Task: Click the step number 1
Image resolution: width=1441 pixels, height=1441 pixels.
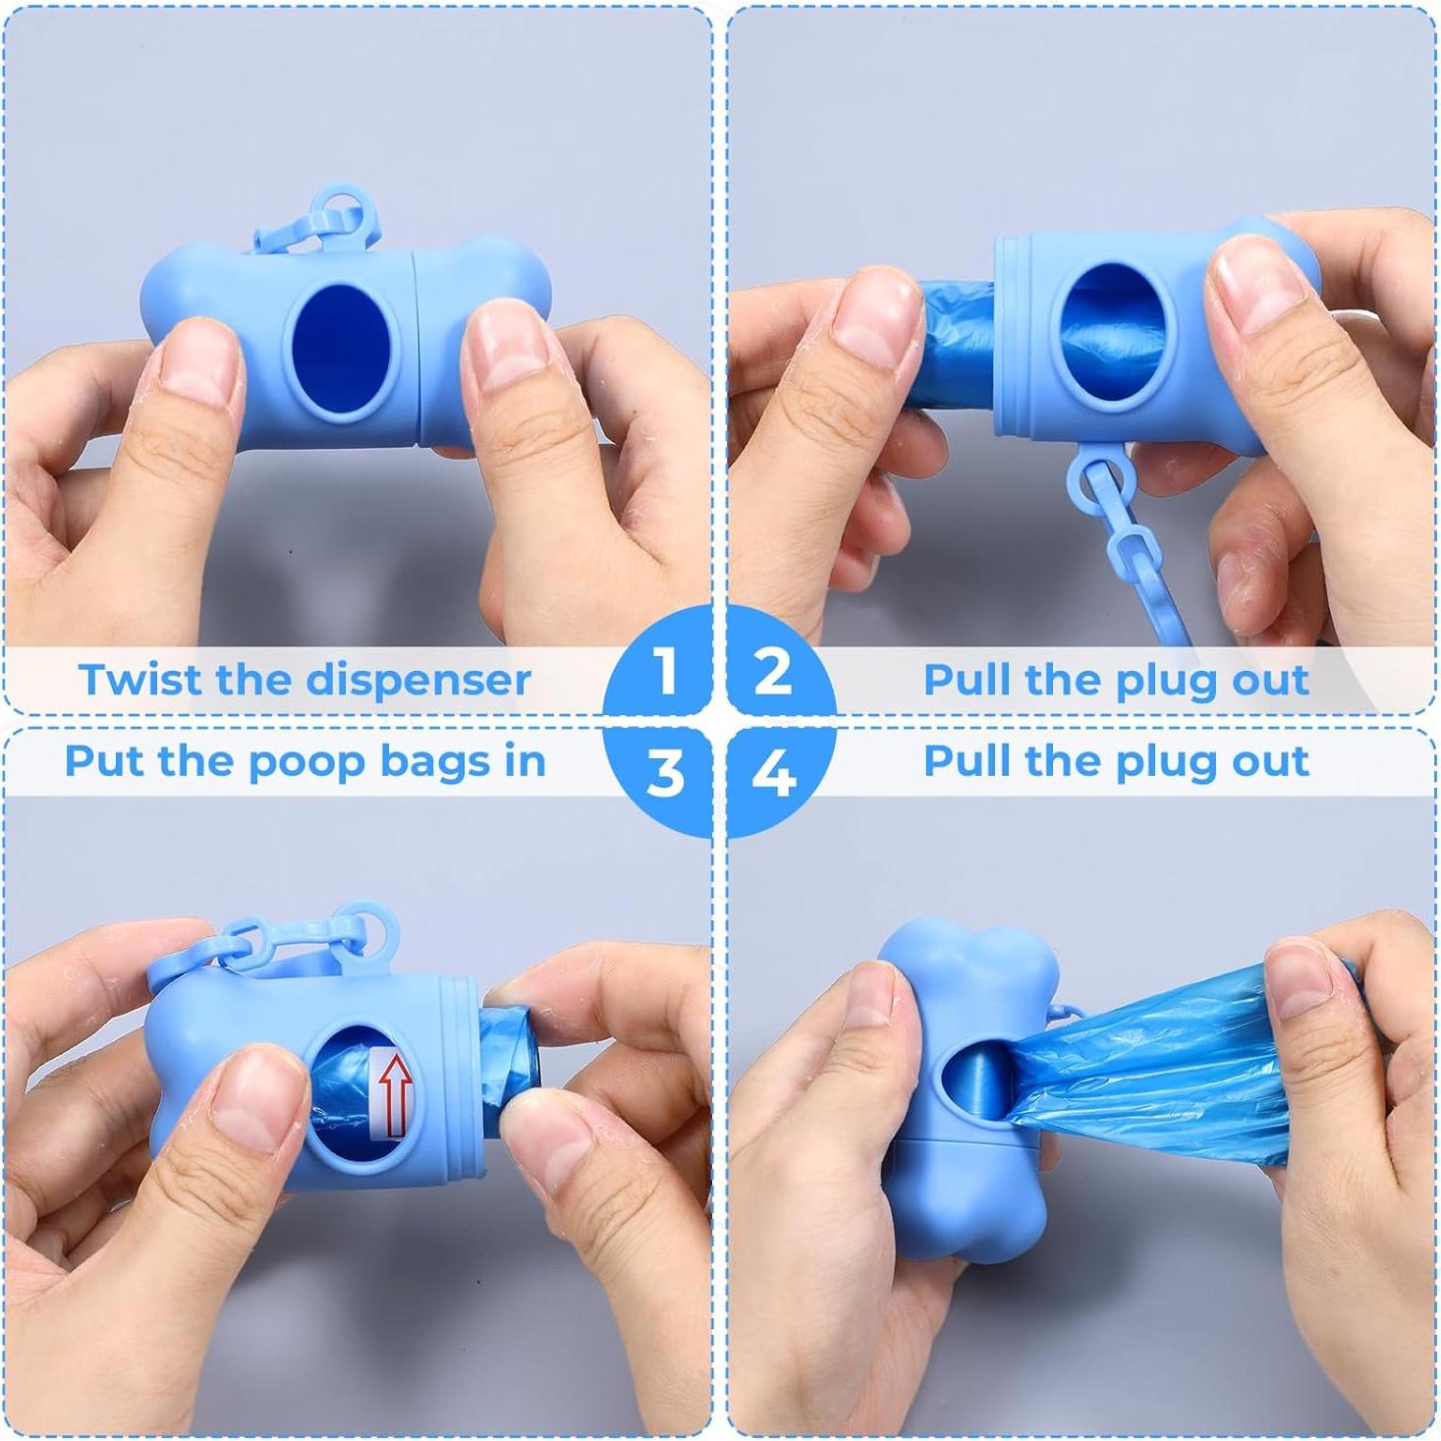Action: [667, 672]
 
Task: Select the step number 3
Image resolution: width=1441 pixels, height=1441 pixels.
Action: [665, 772]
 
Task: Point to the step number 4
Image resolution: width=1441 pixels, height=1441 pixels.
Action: [773, 772]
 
